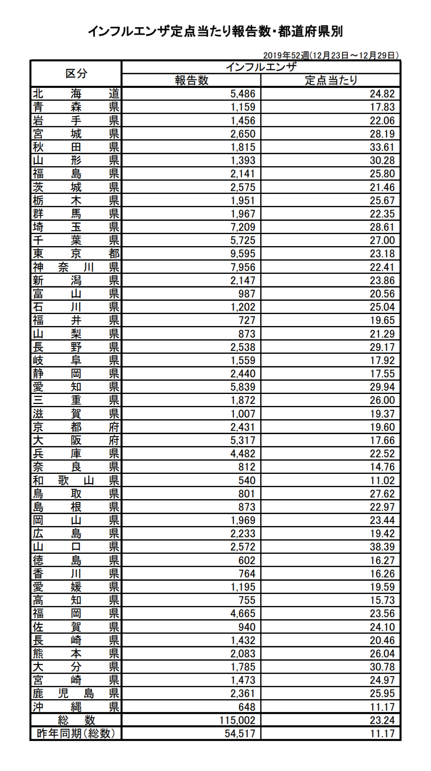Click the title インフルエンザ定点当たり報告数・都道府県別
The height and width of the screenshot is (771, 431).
pos(215,32)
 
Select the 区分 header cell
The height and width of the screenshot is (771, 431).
pos(76,73)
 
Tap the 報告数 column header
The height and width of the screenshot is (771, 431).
pos(191,80)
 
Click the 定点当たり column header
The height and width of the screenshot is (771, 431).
pos(331,80)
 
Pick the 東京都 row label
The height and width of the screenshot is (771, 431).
pos(76,254)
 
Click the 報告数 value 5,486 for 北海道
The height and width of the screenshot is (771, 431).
pos(243,94)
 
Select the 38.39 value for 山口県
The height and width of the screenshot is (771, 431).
pos(382,547)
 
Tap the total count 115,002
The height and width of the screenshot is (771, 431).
pos(237,720)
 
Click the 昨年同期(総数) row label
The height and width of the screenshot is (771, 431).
pos(76,733)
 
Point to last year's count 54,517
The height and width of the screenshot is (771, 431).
pos(240,733)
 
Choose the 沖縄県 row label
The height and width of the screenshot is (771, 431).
pos(76,706)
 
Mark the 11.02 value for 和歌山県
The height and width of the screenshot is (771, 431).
pos(382,480)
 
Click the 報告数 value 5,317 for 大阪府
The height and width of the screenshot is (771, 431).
pos(243,440)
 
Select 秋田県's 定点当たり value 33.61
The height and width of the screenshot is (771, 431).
pos(382,147)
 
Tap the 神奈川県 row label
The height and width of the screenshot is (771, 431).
pos(76,267)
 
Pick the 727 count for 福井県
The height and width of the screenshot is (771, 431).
pos(247,320)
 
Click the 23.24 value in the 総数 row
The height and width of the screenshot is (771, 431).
pos(382,720)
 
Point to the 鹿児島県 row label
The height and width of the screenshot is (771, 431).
pos(76,693)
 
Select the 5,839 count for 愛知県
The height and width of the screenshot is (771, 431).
pos(243,387)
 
